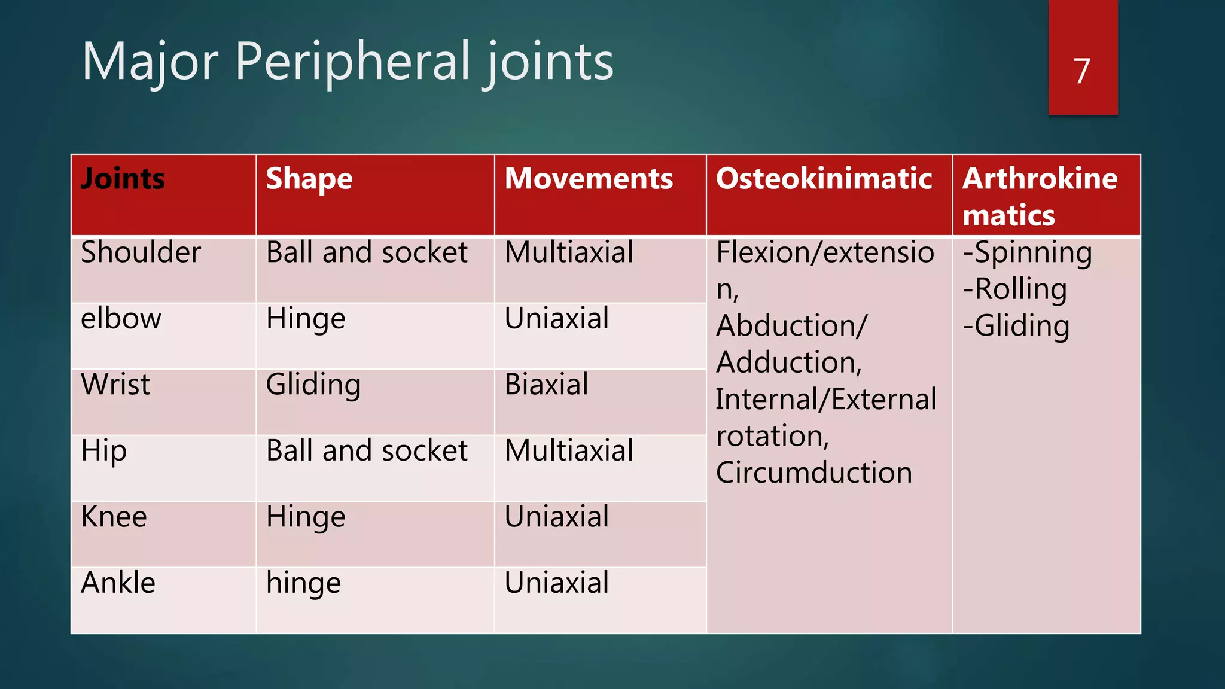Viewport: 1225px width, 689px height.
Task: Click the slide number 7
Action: (1081, 71)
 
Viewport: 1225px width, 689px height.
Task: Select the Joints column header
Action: (123, 179)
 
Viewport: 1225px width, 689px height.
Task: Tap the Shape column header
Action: (309, 179)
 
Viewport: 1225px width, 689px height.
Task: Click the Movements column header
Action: (589, 179)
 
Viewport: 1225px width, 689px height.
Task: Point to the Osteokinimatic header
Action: (824, 179)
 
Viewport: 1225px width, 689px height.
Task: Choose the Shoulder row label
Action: (141, 252)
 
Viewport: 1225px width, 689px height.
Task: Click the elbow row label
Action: (121, 318)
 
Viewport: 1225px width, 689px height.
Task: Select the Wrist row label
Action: (115, 384)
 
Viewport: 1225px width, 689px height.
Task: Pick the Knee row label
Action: (114, 517)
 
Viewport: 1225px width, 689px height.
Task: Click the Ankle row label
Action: (118, 583)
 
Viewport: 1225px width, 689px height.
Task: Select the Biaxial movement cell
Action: (546, 384)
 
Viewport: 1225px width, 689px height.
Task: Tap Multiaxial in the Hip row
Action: (568, 450)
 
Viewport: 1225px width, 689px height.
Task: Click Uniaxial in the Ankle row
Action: (556, 583)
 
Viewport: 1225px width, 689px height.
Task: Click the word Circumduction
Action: (813, 472)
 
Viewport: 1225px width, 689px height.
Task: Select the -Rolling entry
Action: (1014, 289)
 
